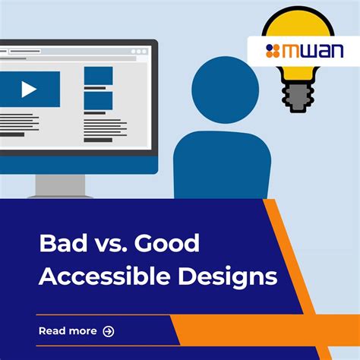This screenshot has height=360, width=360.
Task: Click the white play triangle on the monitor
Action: (29, 90)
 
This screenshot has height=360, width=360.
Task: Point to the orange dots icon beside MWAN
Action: (273, 51)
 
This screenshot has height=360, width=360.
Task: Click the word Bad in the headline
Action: (61, 244)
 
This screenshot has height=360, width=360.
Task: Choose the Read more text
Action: (68, 331)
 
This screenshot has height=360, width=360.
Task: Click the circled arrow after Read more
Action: (109, 331)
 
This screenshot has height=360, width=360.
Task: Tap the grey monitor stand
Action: (61, 185)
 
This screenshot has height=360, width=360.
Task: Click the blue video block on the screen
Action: (29, 90)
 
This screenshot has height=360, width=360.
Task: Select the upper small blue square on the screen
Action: (98, 75)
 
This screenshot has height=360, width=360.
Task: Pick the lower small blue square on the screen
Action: (98, 100)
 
